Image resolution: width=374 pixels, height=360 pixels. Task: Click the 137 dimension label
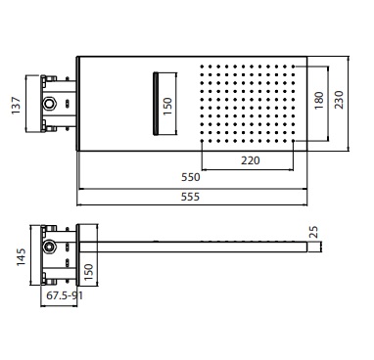[16, 106]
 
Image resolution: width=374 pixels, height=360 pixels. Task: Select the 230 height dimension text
[339, 100]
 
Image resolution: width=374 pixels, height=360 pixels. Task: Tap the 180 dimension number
[319, 101]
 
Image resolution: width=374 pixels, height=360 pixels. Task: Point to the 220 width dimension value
[251, 160]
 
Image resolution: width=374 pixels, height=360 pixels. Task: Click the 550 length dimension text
[191, 177]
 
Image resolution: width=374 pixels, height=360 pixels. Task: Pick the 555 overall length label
[190, 197]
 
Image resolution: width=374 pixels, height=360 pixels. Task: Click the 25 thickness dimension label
[313, 232]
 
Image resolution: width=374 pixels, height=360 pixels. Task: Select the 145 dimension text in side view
[22, 257]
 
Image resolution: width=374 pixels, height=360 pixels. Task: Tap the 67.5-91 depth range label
[65, 295]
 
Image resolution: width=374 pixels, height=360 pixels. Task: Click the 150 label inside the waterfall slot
[167, 106]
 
